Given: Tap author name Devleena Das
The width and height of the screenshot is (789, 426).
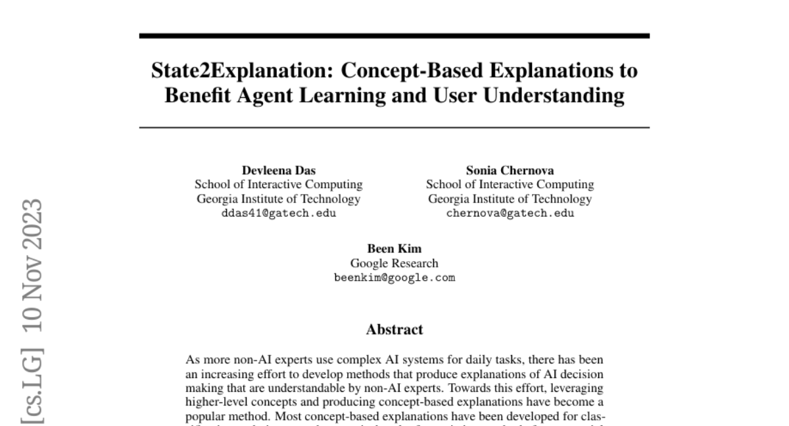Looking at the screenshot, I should [x=279, y=171].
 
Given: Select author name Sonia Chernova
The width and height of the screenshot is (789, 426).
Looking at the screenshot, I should [x=510, y=171].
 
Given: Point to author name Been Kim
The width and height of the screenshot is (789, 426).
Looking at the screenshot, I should [x=394, y=249].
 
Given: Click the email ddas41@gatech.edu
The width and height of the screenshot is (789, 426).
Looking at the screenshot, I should [x=279, y=213].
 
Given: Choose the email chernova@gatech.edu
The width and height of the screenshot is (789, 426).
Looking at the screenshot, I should [x=510, y=213].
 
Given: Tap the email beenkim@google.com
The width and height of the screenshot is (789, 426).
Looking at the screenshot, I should [x=394, y=277].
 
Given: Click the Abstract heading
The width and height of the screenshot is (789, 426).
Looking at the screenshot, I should [x=394, y=329].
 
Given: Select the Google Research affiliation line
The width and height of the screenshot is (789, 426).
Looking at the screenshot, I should [x=394, y=264].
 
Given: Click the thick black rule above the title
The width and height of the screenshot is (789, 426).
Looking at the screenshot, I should [x=394, y=35].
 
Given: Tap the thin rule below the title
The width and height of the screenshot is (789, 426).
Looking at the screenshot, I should [x=394, y=127].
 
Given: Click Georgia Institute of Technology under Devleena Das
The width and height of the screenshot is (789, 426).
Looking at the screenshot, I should [x=279, y=199].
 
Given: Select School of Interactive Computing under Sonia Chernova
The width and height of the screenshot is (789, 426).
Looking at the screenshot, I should [x=510, y=185].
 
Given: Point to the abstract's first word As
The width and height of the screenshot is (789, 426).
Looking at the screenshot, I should [x=193, y=360].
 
